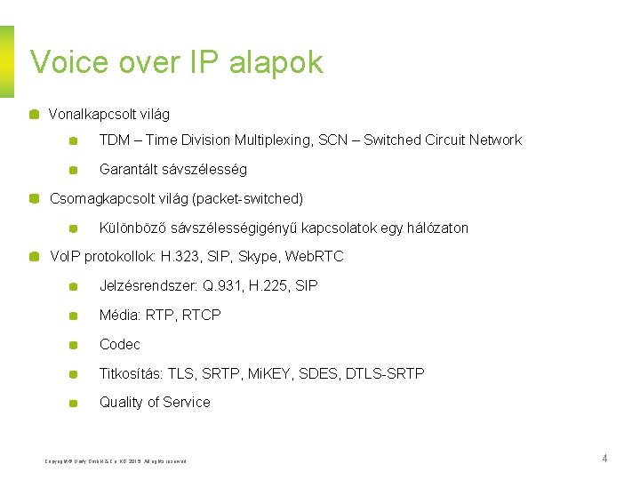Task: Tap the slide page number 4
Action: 604,459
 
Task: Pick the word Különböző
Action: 132,228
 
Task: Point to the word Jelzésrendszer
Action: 146,286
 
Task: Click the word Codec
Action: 119,345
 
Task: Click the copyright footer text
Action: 115,460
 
